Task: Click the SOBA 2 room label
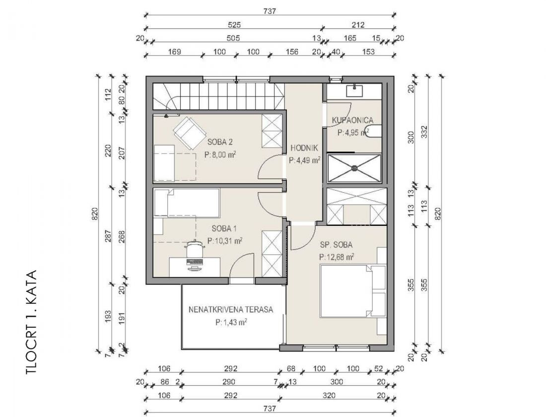(220, 142)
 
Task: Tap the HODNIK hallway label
(304, 148)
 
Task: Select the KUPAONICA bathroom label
(352, 120)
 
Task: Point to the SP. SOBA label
(336, 245)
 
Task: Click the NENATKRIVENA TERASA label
(231, 309)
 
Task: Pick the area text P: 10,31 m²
(224, 241)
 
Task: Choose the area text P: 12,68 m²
(337, 257)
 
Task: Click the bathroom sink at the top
(354, 91)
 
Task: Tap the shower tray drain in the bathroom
(354, 168)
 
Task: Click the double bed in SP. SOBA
(353, 291)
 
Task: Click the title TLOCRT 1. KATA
(31, 323)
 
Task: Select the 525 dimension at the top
(234, 25)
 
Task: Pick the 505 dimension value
(233, 38)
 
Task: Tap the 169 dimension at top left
(174, 52)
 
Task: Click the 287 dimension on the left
(108, 236)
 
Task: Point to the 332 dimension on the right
(424, 132)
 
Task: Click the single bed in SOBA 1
(187, 203)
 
